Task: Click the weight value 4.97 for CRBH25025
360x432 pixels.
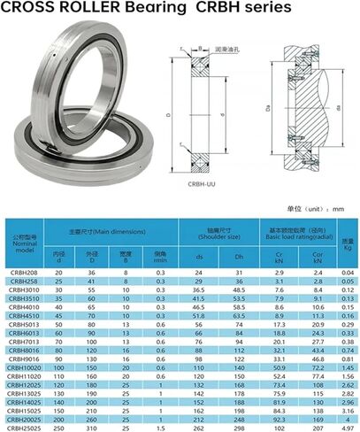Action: [x=348, y=427]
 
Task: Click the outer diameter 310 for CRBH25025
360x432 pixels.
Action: [x=88, y=427]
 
